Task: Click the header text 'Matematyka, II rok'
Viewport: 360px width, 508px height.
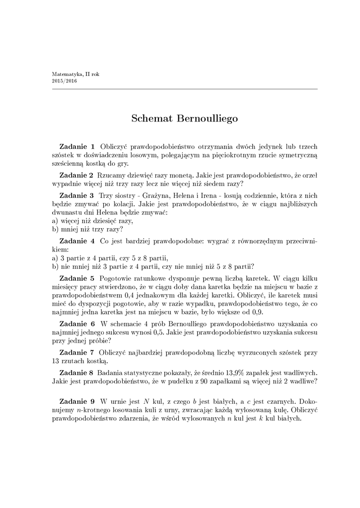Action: click(75, 74)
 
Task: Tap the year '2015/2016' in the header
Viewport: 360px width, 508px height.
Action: click(64, 80)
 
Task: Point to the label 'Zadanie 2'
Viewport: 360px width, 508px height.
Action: click(76, 175)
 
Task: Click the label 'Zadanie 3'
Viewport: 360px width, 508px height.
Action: click(76, 195)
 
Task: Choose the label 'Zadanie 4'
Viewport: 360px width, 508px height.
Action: click(76, 241)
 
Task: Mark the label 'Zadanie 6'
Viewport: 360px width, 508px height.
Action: click(76, 323)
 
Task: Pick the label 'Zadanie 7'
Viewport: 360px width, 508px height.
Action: click(76, 352)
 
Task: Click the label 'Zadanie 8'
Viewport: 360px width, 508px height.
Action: click(76, 372)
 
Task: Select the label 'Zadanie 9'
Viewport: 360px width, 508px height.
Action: click(76, 401)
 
